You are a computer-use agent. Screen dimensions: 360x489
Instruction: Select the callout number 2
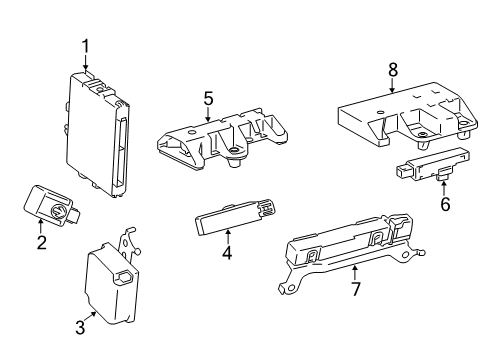[42, 243]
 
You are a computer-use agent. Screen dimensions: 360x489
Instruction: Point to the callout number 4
[227, 253]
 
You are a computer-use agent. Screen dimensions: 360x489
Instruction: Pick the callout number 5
[209, 98]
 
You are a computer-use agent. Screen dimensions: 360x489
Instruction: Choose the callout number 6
[445, 204]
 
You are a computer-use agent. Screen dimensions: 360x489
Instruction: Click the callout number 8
[392, 70]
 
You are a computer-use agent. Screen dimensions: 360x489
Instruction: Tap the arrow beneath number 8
[392, 86]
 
